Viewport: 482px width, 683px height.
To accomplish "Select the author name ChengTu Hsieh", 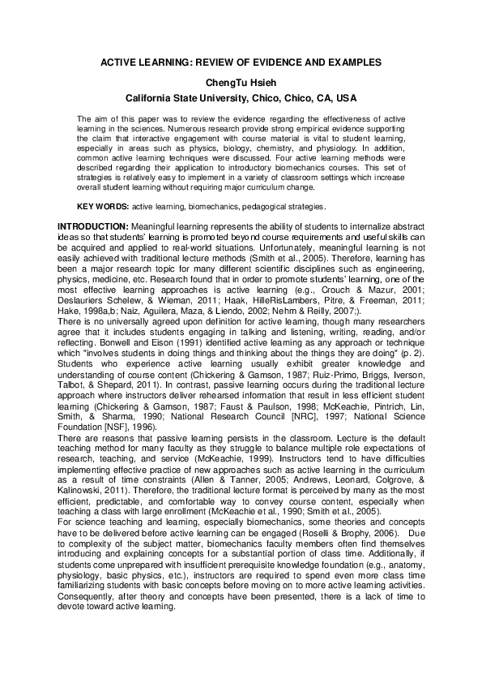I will [241, 81].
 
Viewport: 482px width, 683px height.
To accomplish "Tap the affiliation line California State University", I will [241, 97].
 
